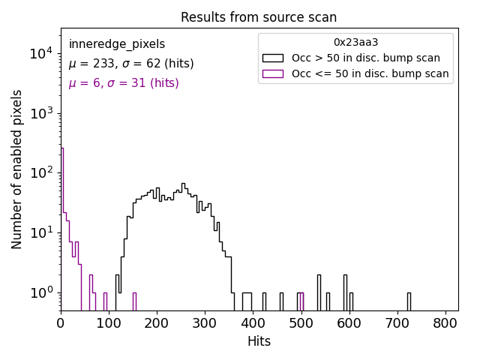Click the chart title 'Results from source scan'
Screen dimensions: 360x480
[259, 17]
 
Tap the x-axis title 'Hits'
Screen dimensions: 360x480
[259, 341]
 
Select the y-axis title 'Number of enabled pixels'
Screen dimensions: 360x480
[16, 169]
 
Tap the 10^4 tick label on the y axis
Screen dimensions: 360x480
[40, 53]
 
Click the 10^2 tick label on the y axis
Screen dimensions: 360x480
[40, 172]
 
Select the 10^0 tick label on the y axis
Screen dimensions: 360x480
[40, 292]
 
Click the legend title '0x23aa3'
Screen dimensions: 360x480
[355, 43]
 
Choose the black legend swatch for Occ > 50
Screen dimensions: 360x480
[272, 58]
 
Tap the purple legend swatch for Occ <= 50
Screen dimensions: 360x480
[272, 73]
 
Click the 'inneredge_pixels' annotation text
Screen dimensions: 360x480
[117, 44]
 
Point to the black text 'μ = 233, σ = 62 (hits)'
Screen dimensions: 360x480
[131, 64]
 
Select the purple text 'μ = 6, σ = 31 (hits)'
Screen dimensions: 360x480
[124, 83]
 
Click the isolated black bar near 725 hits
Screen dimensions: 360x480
[409, 301]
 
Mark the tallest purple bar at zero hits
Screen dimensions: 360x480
[62, 225]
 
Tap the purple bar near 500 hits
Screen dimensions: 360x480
[301, 301]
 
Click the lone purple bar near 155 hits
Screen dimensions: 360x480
[134, 301]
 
